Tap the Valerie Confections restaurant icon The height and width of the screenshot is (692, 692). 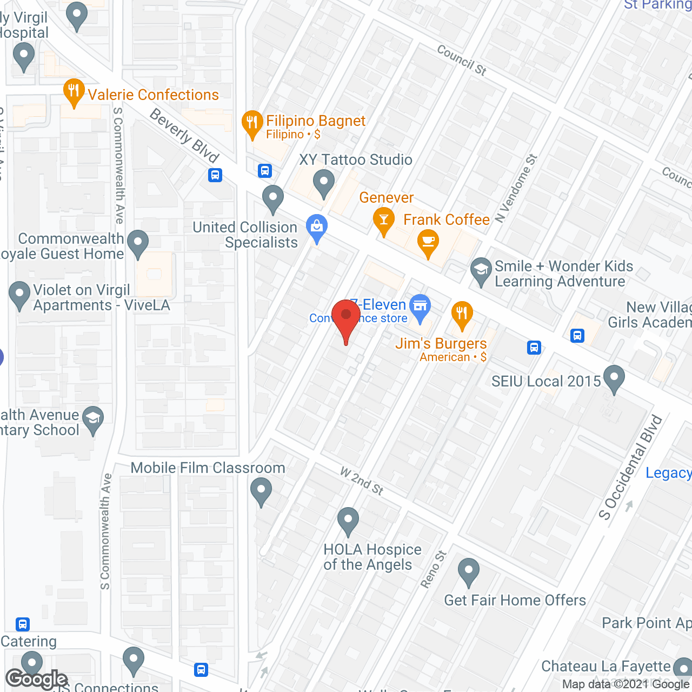[x=74, y=92]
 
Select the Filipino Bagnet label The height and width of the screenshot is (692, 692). [x=316, y=121]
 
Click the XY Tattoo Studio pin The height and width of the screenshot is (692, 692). [x=324, y=182]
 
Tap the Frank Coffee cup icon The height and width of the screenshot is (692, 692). [x=428, y=241]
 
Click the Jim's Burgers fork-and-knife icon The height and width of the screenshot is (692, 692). [x=462, y=314]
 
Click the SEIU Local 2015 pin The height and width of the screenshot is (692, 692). [x=614, y=378]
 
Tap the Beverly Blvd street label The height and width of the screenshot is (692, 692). [x=184, y=135]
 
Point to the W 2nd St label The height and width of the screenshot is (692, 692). [x=362, y=481]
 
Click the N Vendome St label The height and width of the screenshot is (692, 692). [x=516, y=188]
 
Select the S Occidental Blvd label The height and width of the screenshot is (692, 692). [x=630, y=467]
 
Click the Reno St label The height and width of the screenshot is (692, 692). [x=434, y=569]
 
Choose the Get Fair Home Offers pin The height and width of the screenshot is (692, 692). [x=468, y=571]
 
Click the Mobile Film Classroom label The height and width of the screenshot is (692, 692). [x=208, y=468]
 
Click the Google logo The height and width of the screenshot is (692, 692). [x=37, y=679]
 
